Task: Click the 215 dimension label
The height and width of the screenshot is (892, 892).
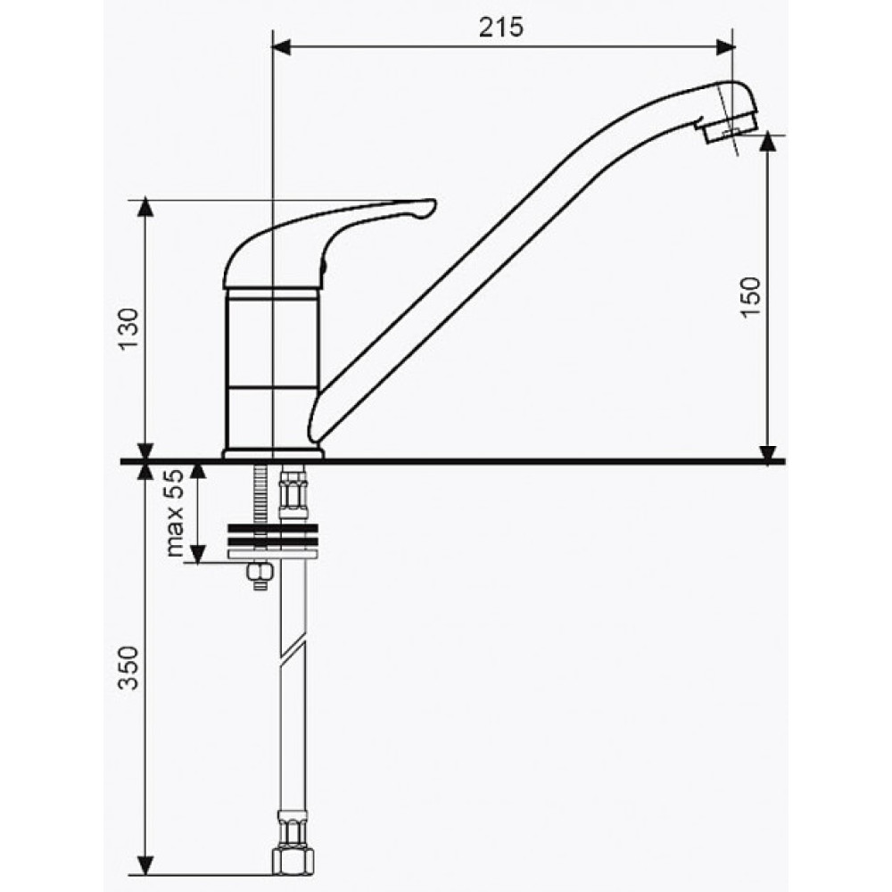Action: [x=500, y=28]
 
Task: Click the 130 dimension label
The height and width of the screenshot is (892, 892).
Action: [x=128, y=329]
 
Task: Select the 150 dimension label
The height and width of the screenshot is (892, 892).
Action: [x=750, y=297]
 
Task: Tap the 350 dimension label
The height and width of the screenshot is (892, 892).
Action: [x=128, y=667]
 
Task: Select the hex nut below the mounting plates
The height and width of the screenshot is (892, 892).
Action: [x=260, y=571]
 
